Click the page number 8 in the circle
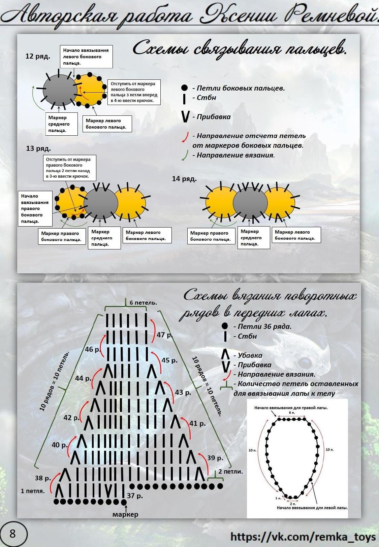pyautogui.click(x=13, y=534)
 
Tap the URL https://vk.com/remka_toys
pyautogui.click(x=303, y=537)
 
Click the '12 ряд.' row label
pyautogui.click(x=38, y=56)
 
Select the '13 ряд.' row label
pyautogui.click(x=38, y=148)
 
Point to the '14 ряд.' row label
pyautogui.click(x=184, y=179)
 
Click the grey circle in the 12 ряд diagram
pyautogui.click(x=60, y=89)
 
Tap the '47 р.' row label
pyautogui.click(x=165, y=335)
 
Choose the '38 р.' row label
pyautogui.click(x=43, y=478)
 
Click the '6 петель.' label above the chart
pyautogui.click(x=143, y=303)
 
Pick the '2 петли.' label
pyautogui.click(x=230, y=471)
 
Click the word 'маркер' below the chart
pyautogui.click(x=125, y=514)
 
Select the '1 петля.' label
pyautogui.click(x=33, y=491)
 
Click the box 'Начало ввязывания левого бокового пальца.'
pyautogui.click(x=86, y=57)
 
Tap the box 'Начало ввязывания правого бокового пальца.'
pyautogui.click(x=35, y=209)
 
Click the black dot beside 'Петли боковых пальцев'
pyautogui.click(x=184, y=88)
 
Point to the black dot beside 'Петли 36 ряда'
pyautogui.click(x=225, y=326)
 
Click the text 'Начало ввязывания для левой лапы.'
pyautogui.click(x=312, y=508)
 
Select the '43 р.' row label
pyautogui.click(x=183, y=392)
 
